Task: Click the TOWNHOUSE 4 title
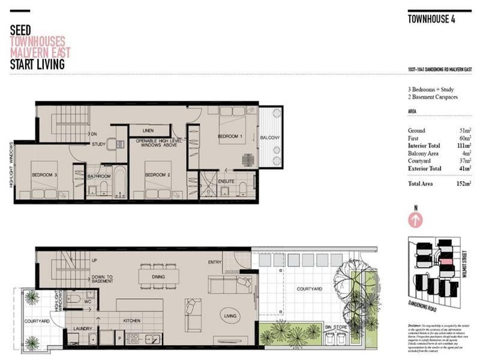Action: click(431, 19)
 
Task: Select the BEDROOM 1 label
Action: click(229, 137)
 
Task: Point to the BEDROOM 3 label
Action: click(45, 175)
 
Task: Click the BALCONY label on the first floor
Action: click(269, 139)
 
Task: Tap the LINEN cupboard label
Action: click(151, 130)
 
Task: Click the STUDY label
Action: click(98, 144)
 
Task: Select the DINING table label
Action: click(158, 277)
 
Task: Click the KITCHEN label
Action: click(131, 320)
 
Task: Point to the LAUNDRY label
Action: click(82, 329)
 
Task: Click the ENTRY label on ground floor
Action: click(214, 262)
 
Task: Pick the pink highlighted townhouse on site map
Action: click(445, 262)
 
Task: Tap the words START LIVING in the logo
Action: click(37, 64)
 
